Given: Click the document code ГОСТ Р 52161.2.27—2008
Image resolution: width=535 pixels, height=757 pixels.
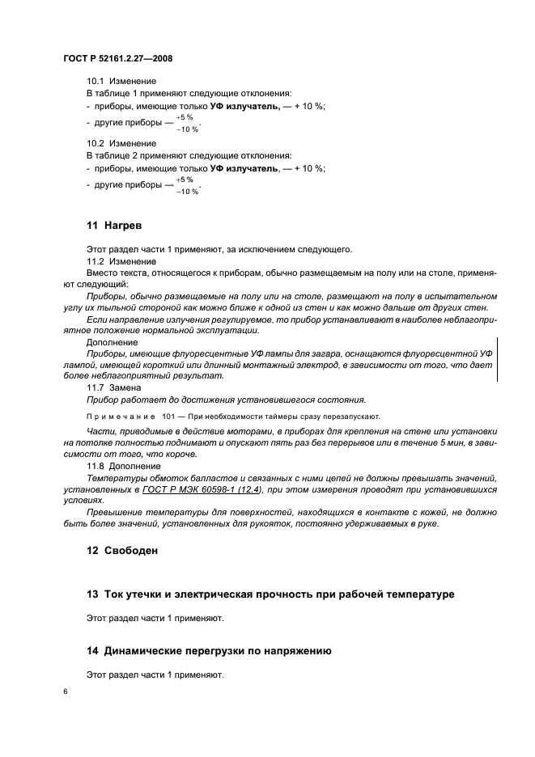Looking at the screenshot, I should tap(118, 59).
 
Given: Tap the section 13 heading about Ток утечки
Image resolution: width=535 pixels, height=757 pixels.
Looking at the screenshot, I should tap(270, 594).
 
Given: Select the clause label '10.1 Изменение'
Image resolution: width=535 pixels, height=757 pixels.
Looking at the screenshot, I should tap(121, 82).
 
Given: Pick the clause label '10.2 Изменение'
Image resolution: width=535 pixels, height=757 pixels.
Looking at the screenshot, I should tap(121, 143).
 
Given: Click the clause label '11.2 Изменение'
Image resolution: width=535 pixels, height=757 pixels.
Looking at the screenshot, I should tap(121, 263).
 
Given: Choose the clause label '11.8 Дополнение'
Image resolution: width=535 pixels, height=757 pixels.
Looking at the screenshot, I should tap(123, 467).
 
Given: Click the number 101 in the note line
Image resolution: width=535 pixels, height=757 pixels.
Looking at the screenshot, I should tap(170, 416).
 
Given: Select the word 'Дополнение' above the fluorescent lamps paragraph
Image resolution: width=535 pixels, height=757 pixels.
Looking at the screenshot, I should tap(113, 342).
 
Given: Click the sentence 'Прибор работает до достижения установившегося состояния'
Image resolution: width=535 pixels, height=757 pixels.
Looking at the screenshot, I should tap(226, 400).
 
